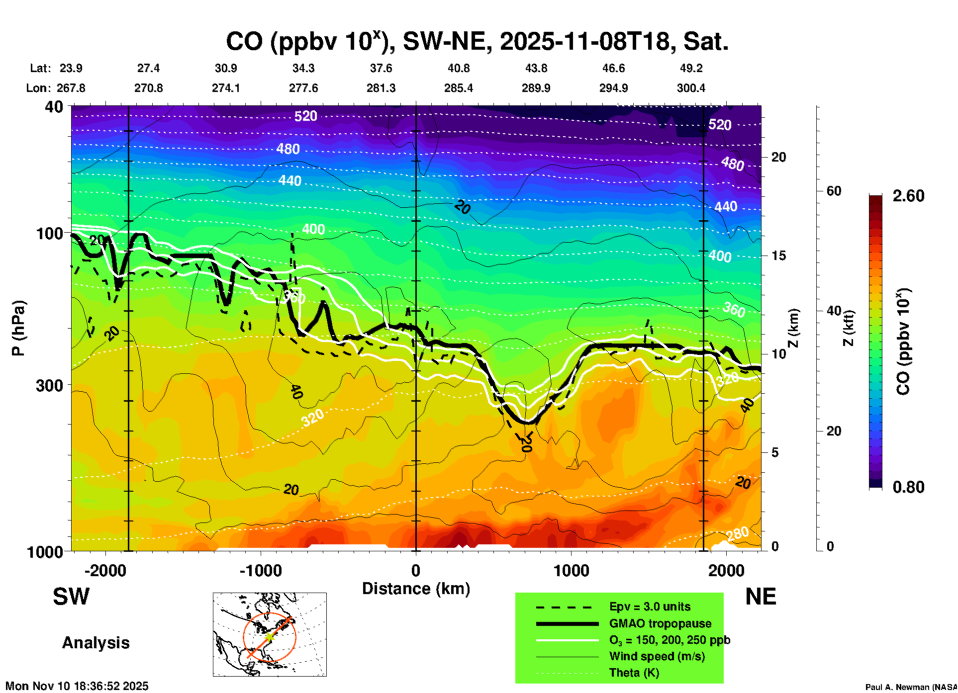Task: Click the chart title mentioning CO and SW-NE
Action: click(x=477, y=42)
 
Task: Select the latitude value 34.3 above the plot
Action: click(x=303, y=68)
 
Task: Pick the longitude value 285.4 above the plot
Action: click(x=459, y=88)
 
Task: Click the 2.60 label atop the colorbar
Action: click(x=908, y=196)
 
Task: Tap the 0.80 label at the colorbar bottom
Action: click(x=908, y=487)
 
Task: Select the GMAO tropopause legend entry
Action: click(x=660, y=623)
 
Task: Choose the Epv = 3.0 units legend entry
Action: click(x=650, y=606)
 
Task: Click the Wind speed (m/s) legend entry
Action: click(x=657, y=656)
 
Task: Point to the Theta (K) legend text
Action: click(x=634, y=673)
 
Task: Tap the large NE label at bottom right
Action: click(x=761, y=597)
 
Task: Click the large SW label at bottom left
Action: click(x=71, y=597)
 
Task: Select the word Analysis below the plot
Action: click(x=96, y=643)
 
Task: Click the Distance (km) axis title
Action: click(x=416, y=589)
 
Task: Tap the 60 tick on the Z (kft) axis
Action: click(x=834, y=191)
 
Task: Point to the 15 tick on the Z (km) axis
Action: click(x=778, y=256)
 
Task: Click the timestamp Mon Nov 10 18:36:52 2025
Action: click(x=77, y=686)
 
